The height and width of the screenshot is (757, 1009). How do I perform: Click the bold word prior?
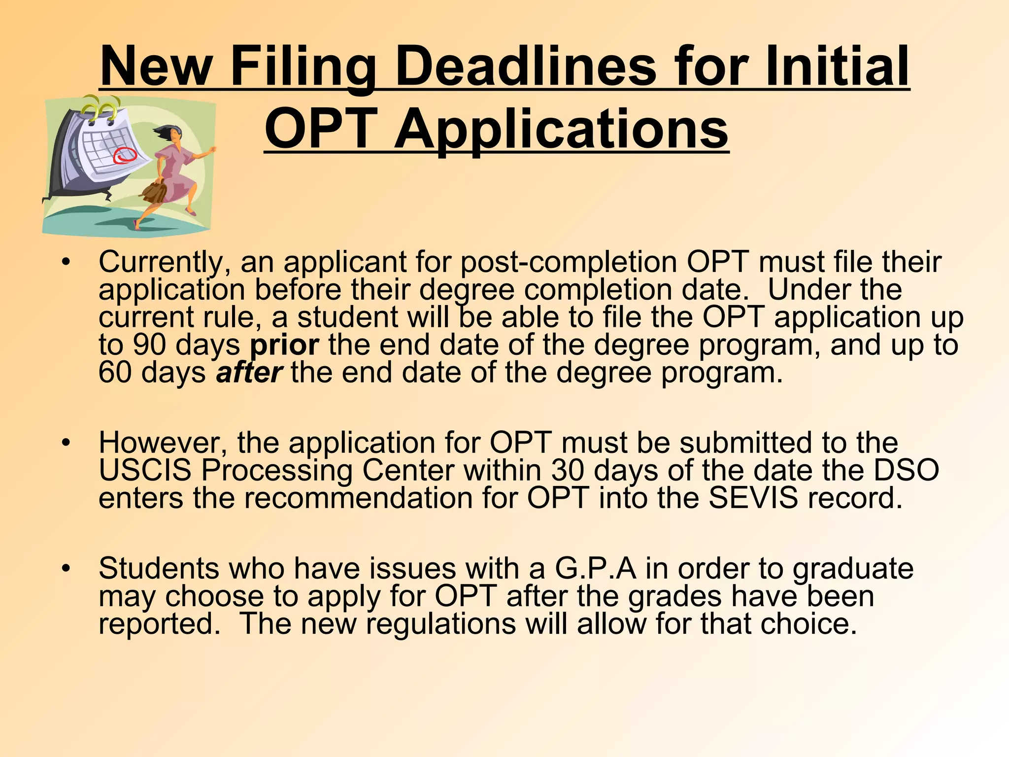point(284,345)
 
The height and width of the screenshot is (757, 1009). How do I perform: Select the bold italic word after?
point(249,373)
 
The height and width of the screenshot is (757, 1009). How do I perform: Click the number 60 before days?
point(115,373)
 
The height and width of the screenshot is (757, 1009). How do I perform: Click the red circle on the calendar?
point(124,155)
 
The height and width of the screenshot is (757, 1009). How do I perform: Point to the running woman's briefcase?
point(154,193)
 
